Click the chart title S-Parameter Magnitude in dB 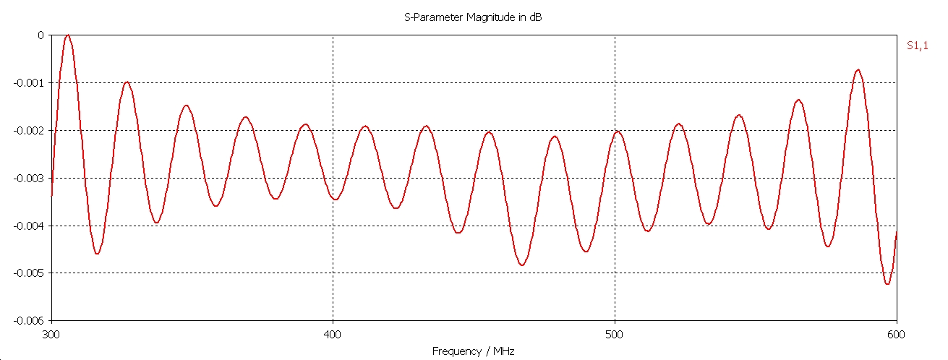[473, 17]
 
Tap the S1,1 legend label [917, 46]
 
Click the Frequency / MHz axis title [473, 351]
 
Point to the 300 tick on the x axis [51, 335]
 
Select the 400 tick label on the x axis [333, 335]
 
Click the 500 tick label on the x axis [615, 335]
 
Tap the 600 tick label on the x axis [896, 335]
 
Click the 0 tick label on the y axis [40, 35]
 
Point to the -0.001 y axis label [29, 82]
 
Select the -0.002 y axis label [29, 130]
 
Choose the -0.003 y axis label [29, 178]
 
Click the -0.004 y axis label [29, 226]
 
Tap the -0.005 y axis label [29, 273]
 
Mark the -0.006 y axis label [29, 320]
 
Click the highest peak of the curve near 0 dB [68, 35]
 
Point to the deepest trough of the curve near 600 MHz [887, 284]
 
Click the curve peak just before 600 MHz [858, 70]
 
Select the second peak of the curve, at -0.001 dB [127, 82]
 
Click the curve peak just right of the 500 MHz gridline [618, 132]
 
